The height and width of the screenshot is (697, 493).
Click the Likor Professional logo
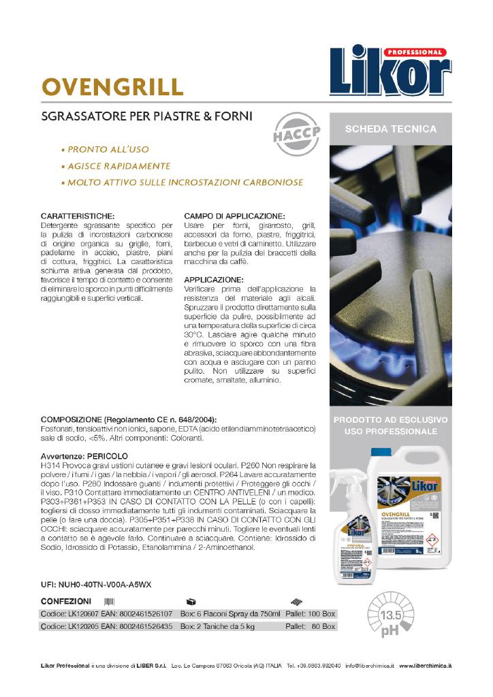pos(390,71)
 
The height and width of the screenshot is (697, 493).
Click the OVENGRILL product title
pos(113,87)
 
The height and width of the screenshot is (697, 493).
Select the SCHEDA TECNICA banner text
pos(391,129)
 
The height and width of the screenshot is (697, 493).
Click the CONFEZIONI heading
pos(66,602)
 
